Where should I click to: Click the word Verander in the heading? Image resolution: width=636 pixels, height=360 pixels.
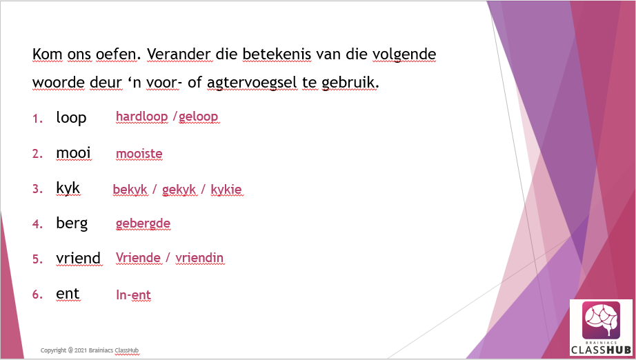[x=179, y=54]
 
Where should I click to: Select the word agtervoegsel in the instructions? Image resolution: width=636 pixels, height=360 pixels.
[x=252, y=83]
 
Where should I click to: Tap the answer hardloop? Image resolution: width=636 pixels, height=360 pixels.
[x=142, y=117]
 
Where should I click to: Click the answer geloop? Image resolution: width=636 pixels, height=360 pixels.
[x=199, y=117]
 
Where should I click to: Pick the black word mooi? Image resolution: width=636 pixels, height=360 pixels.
[x=73, y=153]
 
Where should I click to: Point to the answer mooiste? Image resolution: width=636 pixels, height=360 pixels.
[x=139, y=154]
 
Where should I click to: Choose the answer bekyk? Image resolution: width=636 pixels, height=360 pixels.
[x=130, y=190]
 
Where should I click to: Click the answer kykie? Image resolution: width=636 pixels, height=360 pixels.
[x=226, y=190]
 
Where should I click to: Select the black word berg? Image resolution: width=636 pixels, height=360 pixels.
[x=72, y=223]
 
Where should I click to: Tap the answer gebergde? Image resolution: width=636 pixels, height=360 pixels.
[x=143, y=223]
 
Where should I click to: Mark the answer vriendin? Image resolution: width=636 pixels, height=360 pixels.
[x=199, y=258]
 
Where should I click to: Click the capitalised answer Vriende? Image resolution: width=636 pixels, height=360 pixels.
[x=139, y=258]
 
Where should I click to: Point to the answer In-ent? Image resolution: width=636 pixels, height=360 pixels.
[x=133, y=294]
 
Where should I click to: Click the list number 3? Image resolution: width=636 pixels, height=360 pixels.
[x=37, y=189]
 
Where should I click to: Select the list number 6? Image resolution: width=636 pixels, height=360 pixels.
[x=37, y=294]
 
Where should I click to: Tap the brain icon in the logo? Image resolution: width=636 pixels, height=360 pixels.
[x=601, y=320]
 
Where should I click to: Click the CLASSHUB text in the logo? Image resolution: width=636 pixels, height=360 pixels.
[x=601, y=350]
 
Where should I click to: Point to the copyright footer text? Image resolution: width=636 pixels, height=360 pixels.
[x=90, y=350]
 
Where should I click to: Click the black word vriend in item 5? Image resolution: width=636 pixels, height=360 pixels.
[x=79, y=258]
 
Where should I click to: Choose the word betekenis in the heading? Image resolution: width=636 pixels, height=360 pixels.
[x=277, y=54]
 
